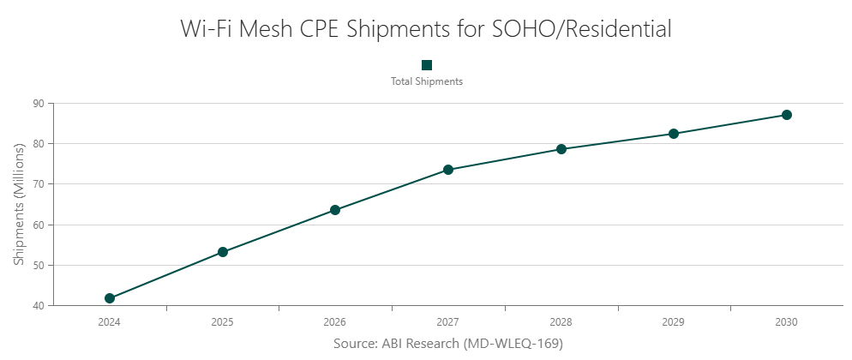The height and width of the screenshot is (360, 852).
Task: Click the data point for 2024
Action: pos(110,298)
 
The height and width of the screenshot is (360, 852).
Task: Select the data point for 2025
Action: pos(223,252)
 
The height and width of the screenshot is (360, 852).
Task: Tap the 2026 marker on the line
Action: pos(335,210)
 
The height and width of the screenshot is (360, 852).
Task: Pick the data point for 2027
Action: pos(448,170)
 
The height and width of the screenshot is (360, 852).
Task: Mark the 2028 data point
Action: pos(561,149)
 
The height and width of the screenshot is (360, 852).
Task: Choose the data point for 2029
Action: pos(674,134)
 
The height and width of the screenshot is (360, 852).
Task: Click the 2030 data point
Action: pos(787,115)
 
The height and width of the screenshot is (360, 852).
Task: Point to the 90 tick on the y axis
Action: pos(39,103)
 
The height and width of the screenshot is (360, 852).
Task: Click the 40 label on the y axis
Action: pos(39,306)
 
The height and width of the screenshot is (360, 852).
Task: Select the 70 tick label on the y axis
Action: pos(39,184)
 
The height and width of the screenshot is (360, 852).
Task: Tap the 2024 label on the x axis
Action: pos(110,323)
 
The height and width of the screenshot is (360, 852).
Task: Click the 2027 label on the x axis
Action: pos(448,323)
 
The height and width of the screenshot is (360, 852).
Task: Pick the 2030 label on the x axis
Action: pos(787,323)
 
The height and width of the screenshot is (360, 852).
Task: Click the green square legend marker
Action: pos(427,65)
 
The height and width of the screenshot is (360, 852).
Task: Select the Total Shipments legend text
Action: pos(427,81)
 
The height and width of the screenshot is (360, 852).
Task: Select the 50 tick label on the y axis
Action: pos(39,266)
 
